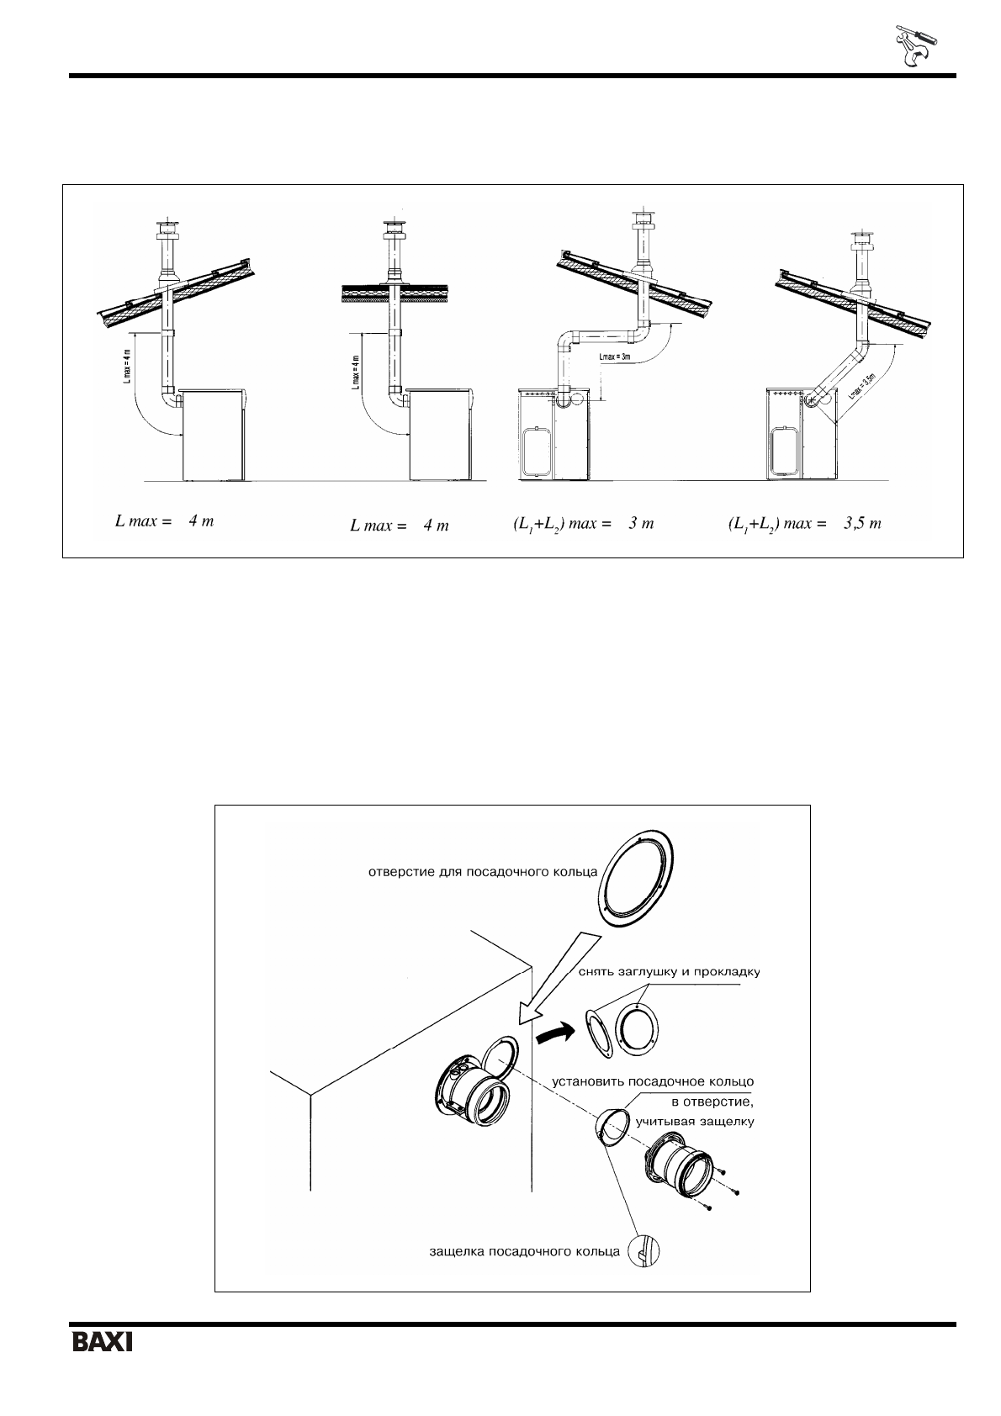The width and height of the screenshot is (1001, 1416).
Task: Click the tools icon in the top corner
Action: pos(914,46)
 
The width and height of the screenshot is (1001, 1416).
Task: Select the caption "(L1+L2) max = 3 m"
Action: pos(583,524)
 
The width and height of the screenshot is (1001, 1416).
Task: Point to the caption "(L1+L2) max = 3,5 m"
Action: pos(804,524)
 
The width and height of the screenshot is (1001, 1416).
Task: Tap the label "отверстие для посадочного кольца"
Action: pos(483,871)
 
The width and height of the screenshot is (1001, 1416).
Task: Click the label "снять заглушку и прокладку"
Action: pos(670,972)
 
